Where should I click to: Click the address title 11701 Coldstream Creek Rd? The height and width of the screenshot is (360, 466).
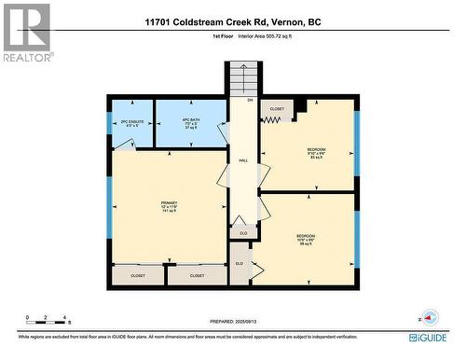(x=232, y=21)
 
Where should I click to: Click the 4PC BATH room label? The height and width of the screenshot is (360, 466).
(x=189, y=121)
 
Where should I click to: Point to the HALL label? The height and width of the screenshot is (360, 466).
(x=243, y=160)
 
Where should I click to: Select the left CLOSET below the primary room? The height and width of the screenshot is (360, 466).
(x=139, y=276)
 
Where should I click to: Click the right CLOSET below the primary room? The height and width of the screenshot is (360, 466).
(x=198, y=276)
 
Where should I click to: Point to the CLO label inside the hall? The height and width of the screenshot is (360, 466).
(x=243, y=232)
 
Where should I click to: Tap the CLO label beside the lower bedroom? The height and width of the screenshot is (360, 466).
(x=240, y=264)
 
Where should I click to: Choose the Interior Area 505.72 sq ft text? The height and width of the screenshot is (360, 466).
(x=267, y=36)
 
